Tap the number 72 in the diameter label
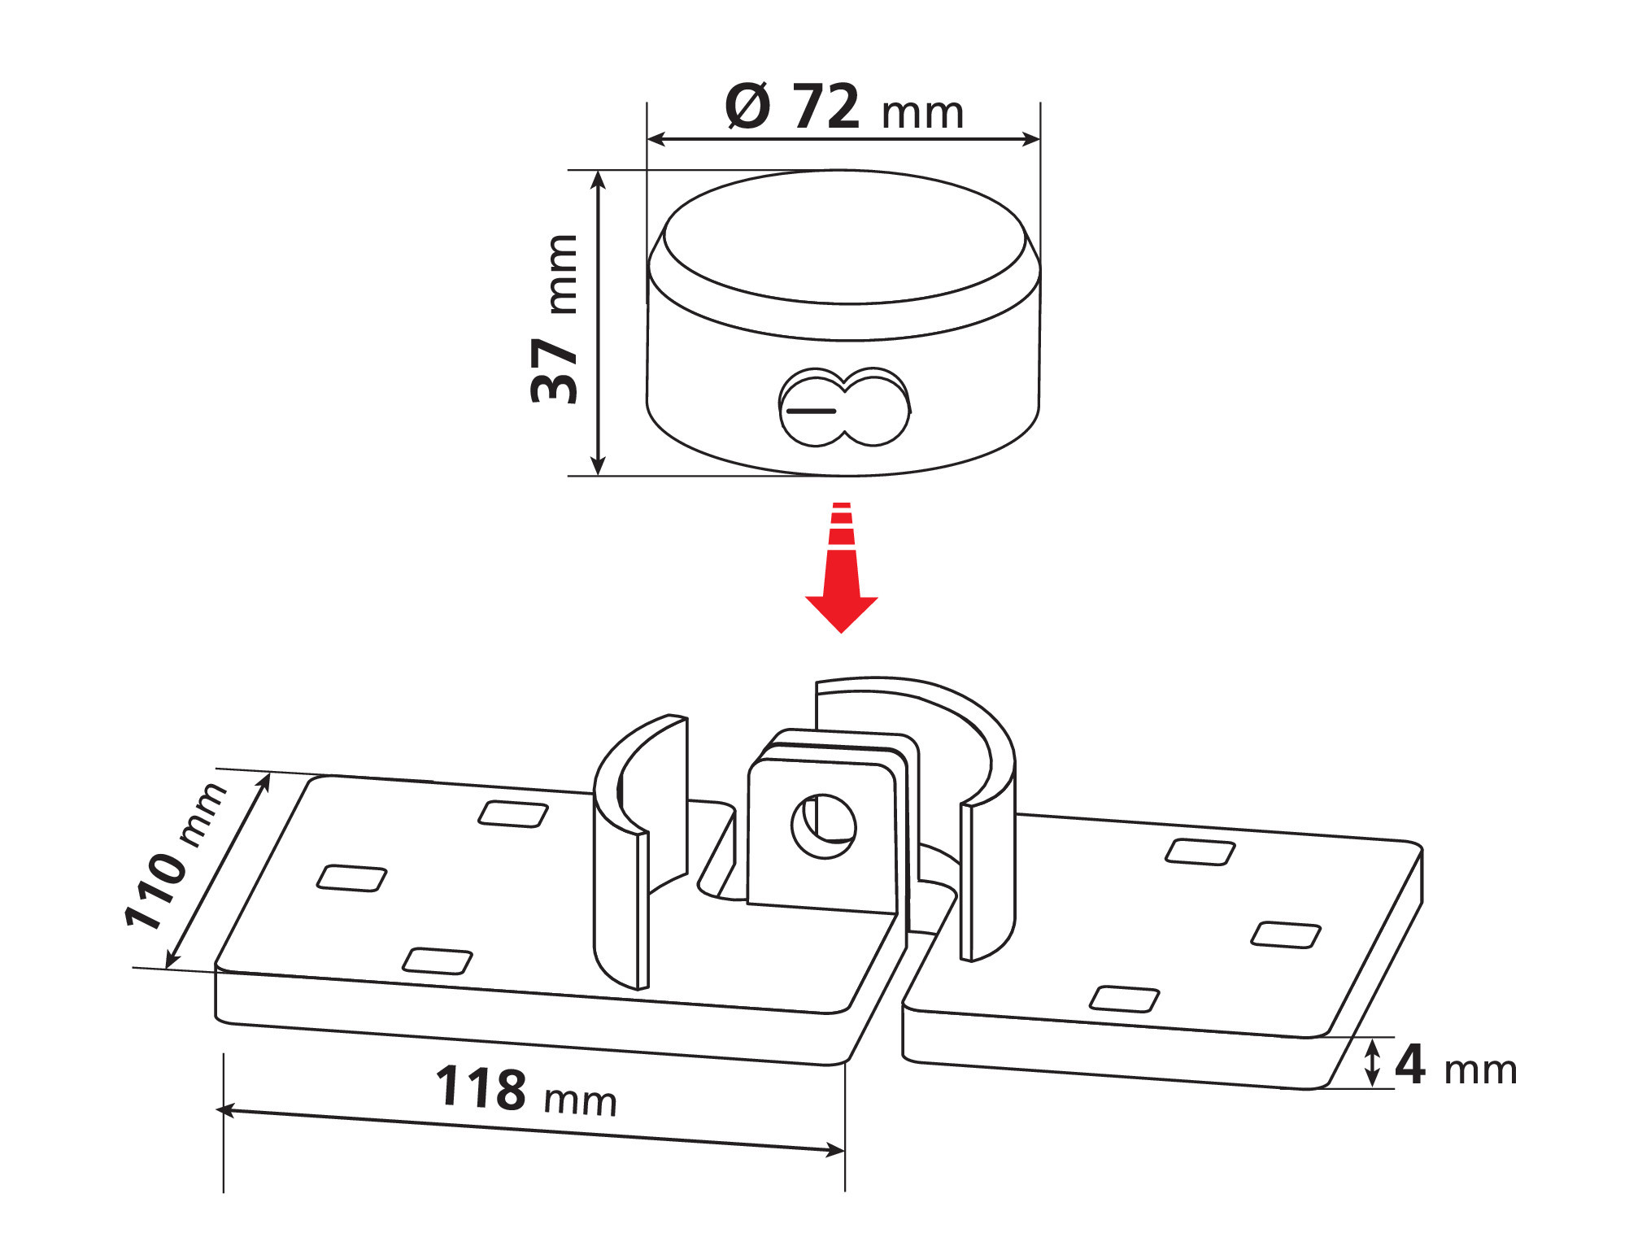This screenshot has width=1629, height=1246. click(x=826, y=107)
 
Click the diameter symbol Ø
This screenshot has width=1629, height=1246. click(x=747, y=106)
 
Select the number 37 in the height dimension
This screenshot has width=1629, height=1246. click(x=554, y=371)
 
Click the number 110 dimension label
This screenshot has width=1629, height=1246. click(x=155, y=890)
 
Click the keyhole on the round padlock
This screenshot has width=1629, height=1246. click(x=844, y=407)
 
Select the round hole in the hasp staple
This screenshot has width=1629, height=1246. click(x=824, y=826)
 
